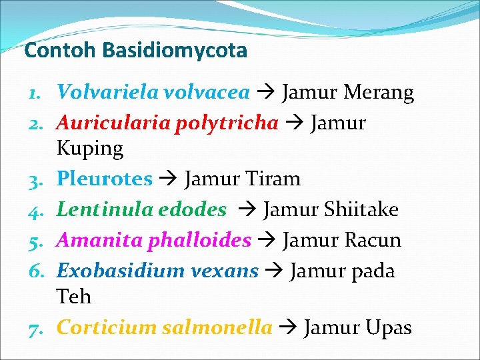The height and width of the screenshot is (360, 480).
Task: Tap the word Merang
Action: (x=379, y=92)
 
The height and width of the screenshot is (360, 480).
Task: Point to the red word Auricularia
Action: (x=113, y=123)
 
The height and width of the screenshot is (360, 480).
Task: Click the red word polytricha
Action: (x=227, y=123)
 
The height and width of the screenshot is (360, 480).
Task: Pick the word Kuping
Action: (x=90, y=148)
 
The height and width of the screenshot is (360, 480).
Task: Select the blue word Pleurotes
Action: (x=105, y=179)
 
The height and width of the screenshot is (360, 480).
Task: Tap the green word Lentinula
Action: (x=104, y=209)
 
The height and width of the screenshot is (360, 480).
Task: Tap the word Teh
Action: (x=74, y=296)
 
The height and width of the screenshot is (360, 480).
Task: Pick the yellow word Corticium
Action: (x=106, y=327)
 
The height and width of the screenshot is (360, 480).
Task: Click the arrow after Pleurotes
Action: (x=168, y=179)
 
